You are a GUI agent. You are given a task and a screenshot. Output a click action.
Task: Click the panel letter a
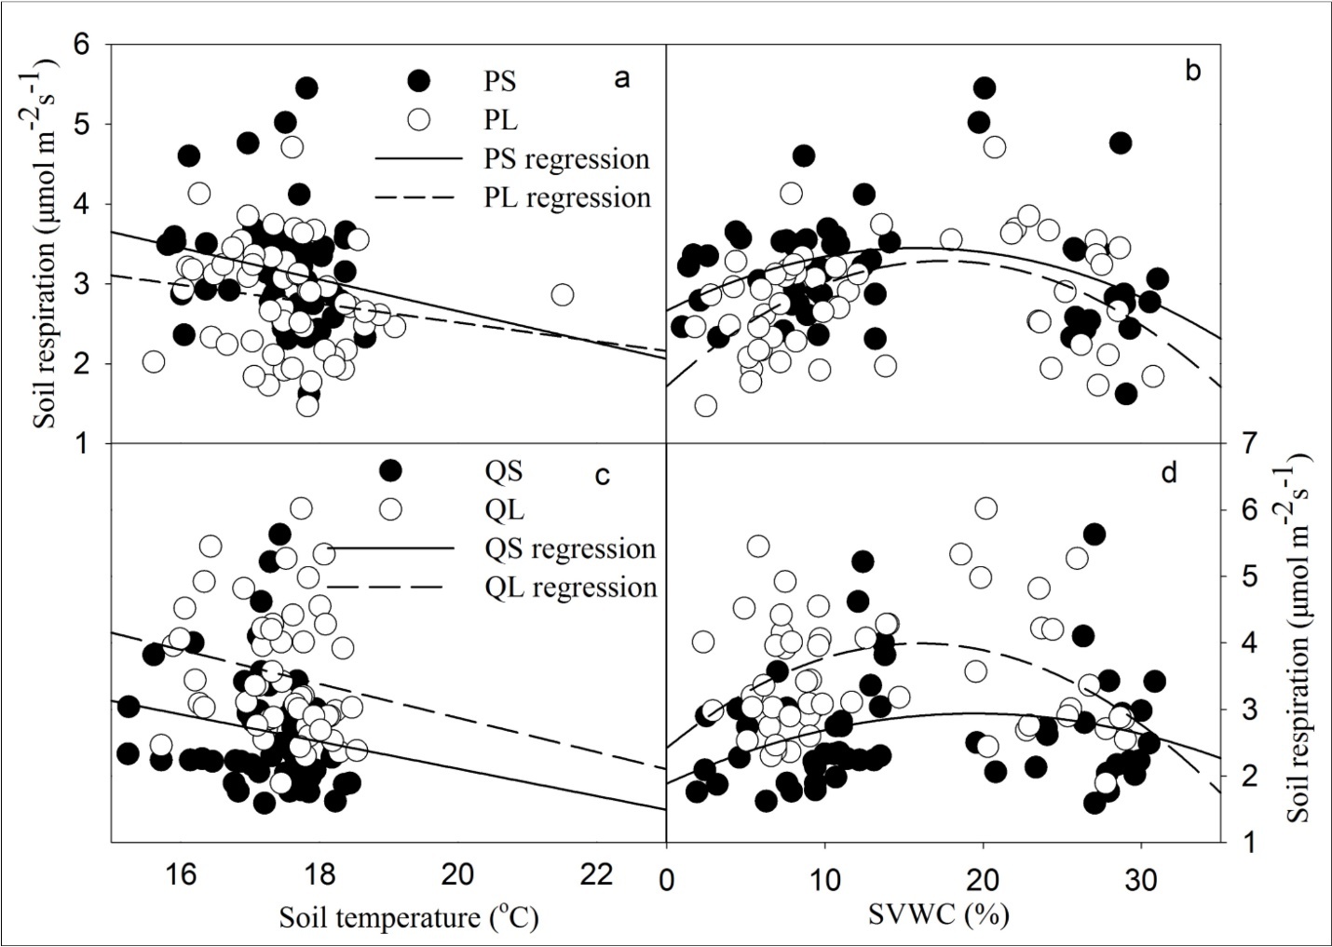coord(621,79)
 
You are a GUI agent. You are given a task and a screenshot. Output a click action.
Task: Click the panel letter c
coord(602,476)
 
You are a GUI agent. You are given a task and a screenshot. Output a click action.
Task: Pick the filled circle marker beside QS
coord(390,470)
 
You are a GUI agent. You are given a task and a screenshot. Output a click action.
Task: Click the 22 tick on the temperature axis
coord(596,875)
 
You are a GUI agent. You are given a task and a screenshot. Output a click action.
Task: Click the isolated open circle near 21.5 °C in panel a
coord(562,295)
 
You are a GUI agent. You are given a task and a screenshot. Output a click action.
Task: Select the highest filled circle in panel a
coord(306,88)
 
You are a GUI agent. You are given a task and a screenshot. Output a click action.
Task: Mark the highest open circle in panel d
coord(985,508)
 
